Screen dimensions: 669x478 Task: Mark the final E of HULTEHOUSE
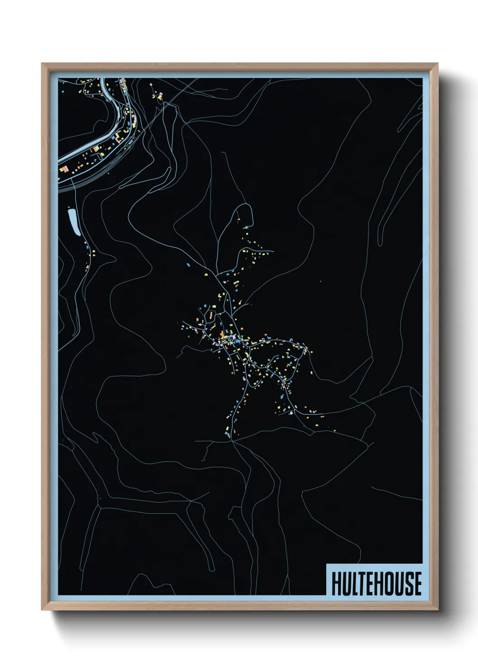pyautogui.click(x=417, y=584)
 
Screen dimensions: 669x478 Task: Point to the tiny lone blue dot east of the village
pyautogui.click(x=320, y=282)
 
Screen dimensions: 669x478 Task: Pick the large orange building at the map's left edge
pyautogui.click(x=64, y=169)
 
